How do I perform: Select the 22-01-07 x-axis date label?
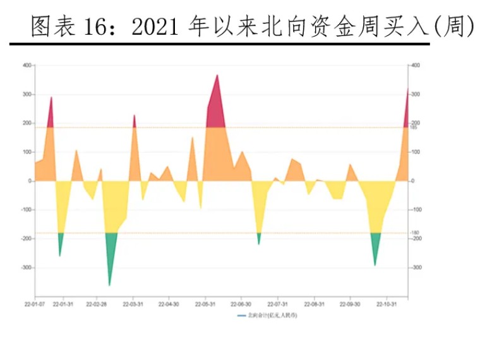click(x=35, y=304)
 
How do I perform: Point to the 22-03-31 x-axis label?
click(x=133, y=304)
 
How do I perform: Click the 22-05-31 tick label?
click(x=205, y=304)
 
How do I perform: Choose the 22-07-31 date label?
click(x=278, y=304)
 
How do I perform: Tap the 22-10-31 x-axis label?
click(x=386, y=304)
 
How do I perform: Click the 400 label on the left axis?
click(x=27, y=66)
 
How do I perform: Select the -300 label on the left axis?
click(x=26, y=268)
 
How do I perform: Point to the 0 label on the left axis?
click(x=29, y=181)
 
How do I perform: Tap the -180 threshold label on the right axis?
click(x=415, y=233)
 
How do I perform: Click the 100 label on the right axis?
click(x=416, y=152)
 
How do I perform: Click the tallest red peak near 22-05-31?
click(x=217, y=76)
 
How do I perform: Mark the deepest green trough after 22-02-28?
click(x=109, y=285)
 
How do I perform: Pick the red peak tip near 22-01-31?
click(x=51, y=98)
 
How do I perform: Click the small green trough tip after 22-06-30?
click(x=259, y=243)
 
